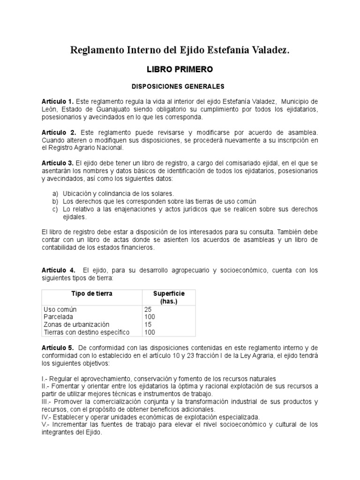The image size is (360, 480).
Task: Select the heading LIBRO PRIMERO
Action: pos(180,69)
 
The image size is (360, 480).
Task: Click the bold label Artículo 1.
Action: pos(58,102)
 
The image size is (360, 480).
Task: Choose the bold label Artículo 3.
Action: pos(58,163)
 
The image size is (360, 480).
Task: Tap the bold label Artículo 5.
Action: pos(58,348)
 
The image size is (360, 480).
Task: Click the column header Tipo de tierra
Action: pos(91,294)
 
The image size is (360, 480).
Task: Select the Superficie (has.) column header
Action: pos(169,297)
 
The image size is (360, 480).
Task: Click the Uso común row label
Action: pos(60,310)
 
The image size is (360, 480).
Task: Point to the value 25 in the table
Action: pos(148,310)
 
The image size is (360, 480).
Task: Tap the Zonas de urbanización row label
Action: pos(76,325)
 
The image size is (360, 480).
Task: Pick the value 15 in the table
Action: pos(148,325)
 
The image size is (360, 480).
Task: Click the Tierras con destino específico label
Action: pos(86,332)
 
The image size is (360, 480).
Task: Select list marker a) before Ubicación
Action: pos(55,194)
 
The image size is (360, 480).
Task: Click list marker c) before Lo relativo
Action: pos(55,209)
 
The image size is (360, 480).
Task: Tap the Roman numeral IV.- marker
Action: pos(47,417)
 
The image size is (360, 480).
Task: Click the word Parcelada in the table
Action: pos(59,317)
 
